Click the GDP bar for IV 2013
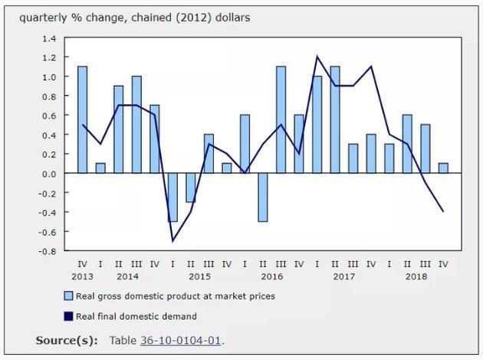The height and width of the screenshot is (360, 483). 82,119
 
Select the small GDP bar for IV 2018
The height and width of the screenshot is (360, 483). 443,168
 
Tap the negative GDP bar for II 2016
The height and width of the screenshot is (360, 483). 263,197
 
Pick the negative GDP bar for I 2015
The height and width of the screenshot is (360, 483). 172,197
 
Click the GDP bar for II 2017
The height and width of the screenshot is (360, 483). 335,119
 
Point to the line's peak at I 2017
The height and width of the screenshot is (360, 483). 317,57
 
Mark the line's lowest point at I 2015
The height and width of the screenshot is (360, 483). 172,241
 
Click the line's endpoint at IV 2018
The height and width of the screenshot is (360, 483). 443,211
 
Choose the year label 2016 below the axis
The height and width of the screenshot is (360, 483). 271,276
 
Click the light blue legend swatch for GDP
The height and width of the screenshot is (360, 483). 68,296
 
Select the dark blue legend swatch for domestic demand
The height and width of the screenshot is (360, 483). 68,316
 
